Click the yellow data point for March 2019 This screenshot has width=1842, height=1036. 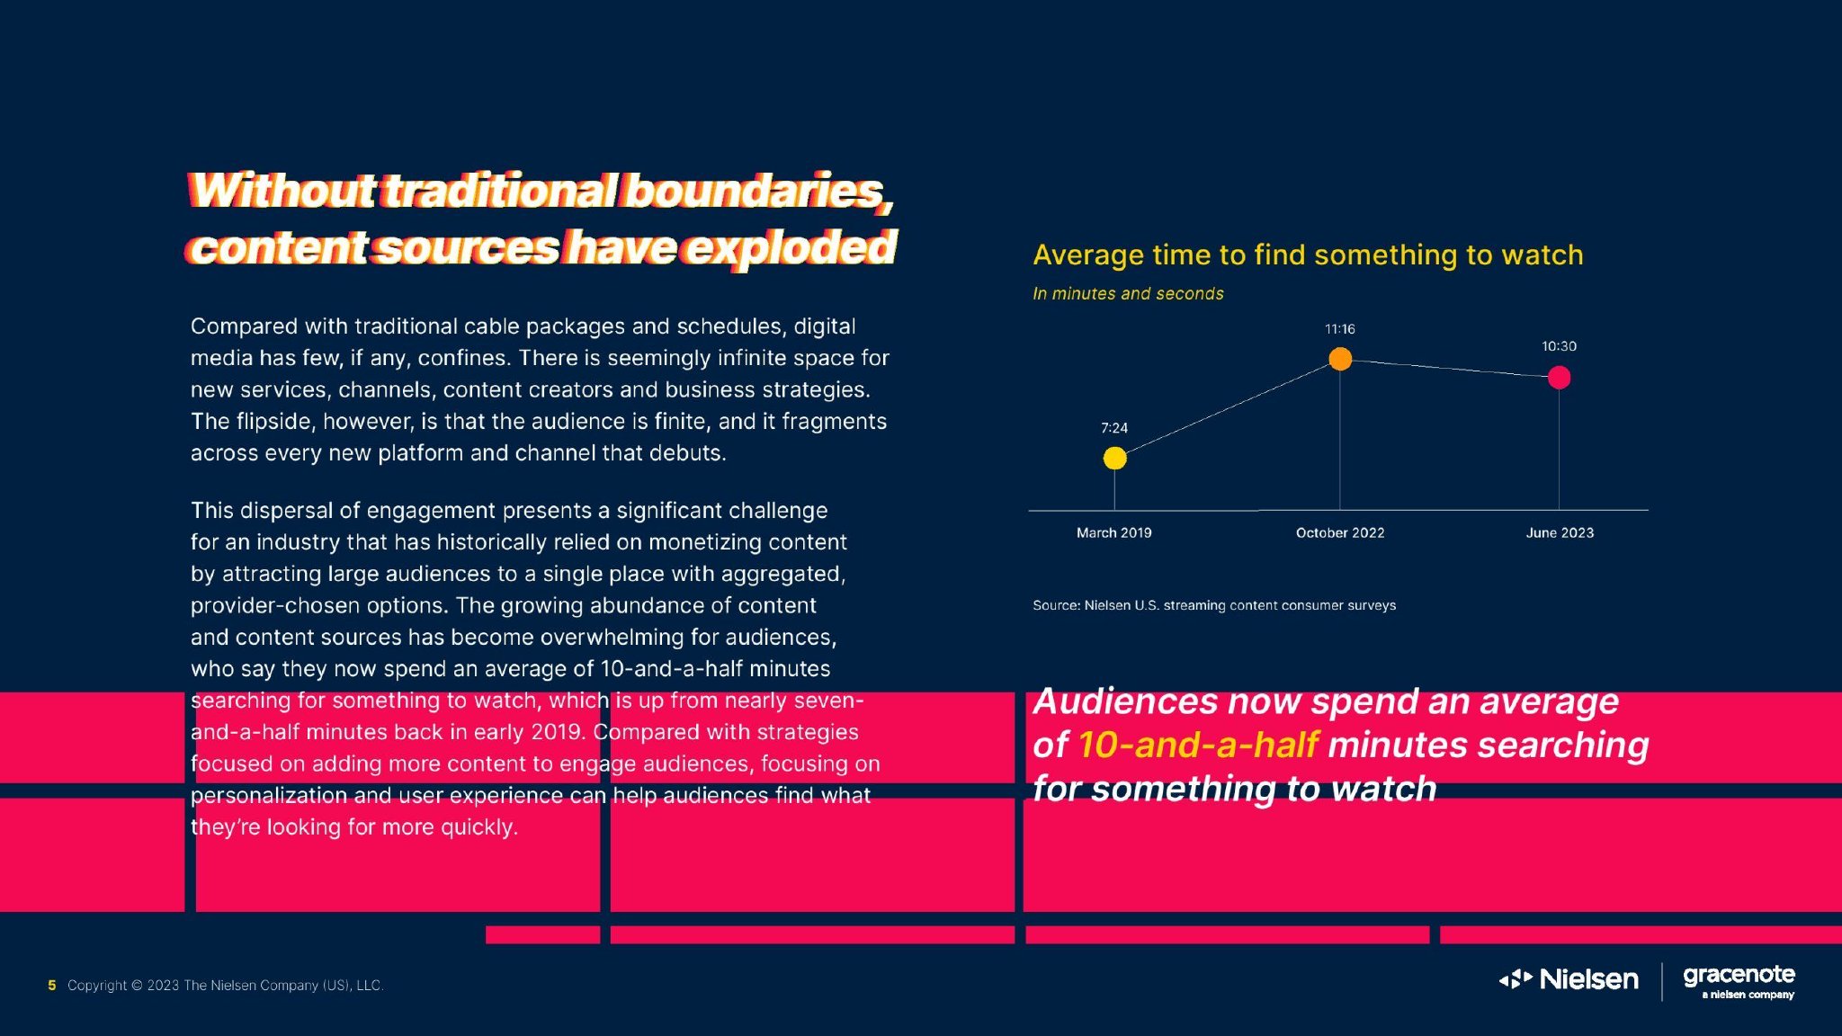1114,458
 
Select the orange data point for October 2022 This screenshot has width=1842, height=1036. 1340,359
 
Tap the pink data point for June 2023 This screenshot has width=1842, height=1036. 1559,378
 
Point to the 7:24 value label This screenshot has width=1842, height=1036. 1114,428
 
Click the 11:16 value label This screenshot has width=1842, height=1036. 1339,329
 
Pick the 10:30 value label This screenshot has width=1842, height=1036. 1559,346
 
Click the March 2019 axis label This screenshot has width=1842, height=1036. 1113,532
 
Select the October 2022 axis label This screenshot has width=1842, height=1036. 1340,532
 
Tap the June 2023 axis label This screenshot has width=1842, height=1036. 1560,532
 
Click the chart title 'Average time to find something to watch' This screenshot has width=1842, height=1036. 1308,255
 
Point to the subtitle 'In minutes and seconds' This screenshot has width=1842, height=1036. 1128,293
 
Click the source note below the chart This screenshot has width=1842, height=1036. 1214,605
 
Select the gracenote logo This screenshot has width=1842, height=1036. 1739,980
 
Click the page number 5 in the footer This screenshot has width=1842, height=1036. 52,986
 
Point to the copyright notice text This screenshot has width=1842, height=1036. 226,986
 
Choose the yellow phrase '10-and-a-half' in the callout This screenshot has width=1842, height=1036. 1198,745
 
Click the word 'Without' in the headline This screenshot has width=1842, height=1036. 283,191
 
